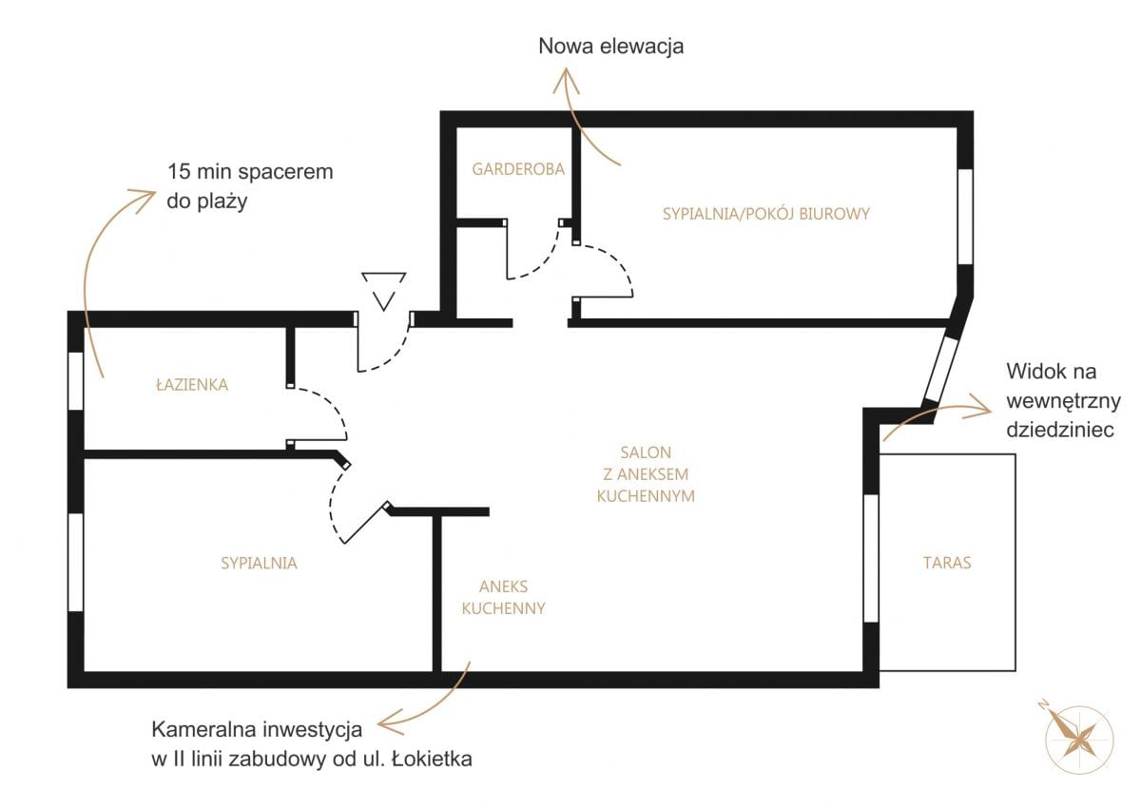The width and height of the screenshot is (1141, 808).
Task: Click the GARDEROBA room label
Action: tap(518, 170)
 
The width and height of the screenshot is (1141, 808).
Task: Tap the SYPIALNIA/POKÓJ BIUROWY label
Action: tap(766, 214)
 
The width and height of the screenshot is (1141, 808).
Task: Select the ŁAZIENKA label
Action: tap(192, 385)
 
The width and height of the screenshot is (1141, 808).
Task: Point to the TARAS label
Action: tap(947, 563)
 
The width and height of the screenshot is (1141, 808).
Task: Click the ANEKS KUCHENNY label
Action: tap(503, 598)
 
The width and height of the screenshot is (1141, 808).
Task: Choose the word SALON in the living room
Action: tap(646, 453)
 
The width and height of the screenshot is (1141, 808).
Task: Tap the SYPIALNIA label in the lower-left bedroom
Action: tap(259, 564)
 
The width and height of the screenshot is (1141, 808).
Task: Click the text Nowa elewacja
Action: tap(610, 47)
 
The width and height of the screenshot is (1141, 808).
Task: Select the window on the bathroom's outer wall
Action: tap(75, 380)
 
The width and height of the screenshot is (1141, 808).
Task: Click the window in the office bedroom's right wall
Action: tap(965, 217)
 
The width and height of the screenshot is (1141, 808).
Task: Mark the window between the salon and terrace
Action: tap(870, 558)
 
